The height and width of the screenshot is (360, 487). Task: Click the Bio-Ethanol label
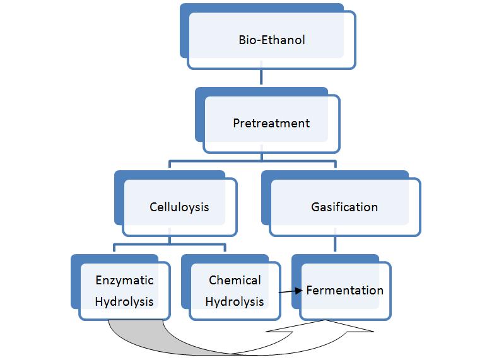click(271, 40)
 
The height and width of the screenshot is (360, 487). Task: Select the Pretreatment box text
click(271, 123)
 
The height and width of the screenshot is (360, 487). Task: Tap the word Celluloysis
click(179, 207)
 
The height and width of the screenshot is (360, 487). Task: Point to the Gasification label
click(344, 207)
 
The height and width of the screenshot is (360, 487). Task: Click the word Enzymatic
click(124, 280)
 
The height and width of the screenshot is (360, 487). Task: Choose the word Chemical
click(235, 280)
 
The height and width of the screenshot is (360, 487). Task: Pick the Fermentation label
click(344, 291)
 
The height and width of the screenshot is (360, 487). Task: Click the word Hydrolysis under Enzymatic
click(124, 301)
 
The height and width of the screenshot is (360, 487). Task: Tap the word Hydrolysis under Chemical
click(235, 301)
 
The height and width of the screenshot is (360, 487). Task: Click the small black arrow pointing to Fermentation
click(291, 291)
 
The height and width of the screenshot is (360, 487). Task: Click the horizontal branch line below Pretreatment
click(252, 162)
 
